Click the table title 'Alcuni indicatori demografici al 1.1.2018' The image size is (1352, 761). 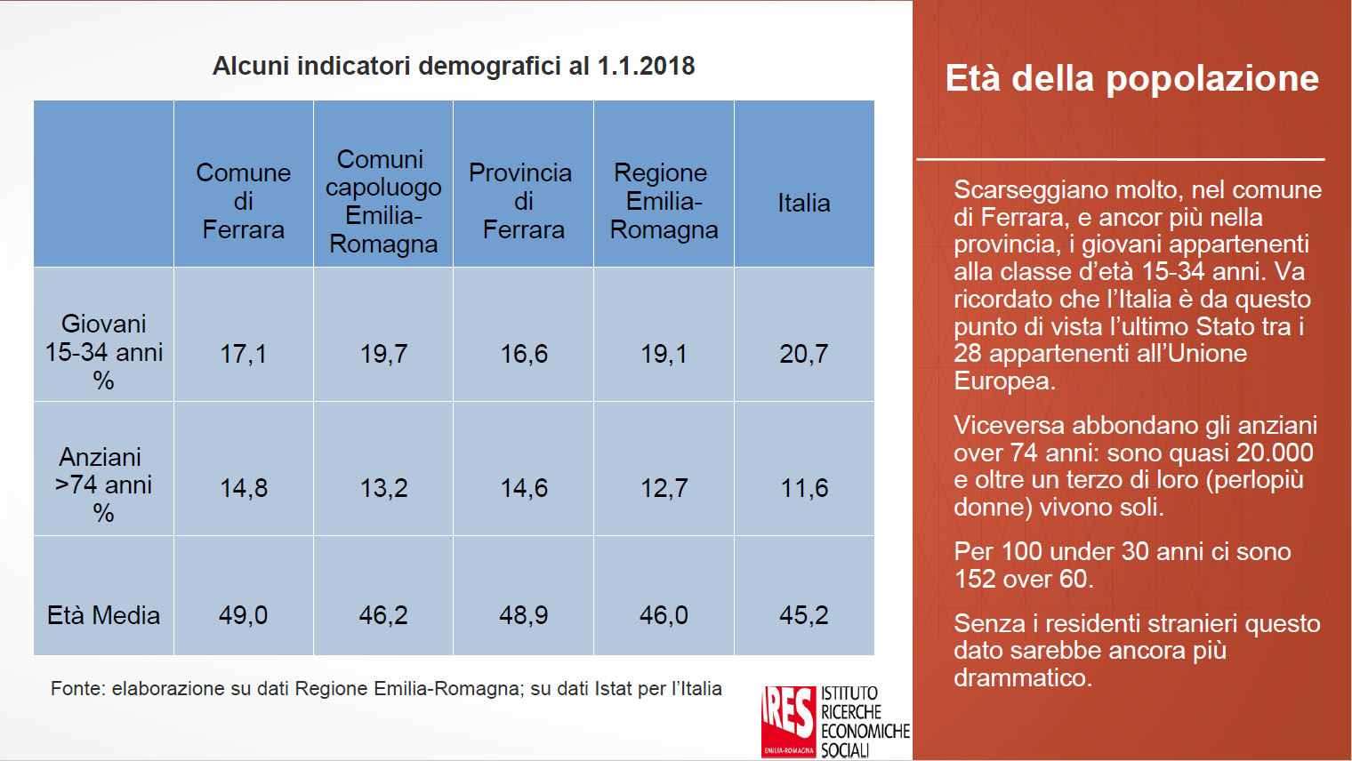454,66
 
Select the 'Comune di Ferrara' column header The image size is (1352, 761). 243,201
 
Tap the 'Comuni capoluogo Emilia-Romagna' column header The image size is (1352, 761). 383,201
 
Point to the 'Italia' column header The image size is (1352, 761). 804,203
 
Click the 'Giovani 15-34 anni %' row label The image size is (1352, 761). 103,352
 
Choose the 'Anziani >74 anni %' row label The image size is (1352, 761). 103,485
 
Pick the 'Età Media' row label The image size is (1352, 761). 103,615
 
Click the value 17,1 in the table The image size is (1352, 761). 243,354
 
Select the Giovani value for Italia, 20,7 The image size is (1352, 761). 804,354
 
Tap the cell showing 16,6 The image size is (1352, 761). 524,354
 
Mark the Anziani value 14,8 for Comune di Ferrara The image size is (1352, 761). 243,488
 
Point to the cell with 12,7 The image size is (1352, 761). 664,488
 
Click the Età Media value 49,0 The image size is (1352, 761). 243,615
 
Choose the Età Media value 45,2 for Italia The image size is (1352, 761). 804,615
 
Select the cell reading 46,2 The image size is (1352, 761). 383,615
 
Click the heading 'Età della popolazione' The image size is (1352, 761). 1131,78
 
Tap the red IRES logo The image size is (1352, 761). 788,721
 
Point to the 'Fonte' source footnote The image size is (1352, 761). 386,688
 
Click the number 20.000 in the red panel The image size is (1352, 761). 1274,453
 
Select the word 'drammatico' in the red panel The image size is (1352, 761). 1021,678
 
